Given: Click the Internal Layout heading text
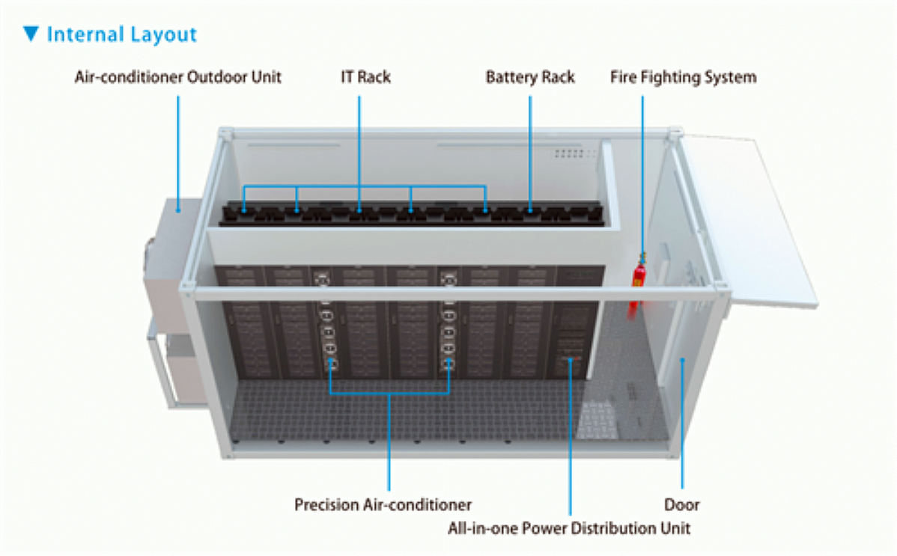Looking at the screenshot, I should (121, 34).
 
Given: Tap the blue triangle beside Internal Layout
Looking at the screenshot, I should (31, 34).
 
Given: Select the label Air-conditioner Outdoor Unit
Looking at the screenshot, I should (177, 77).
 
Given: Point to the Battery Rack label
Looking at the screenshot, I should (530, 77).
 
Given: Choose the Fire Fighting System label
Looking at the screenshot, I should (683, 77).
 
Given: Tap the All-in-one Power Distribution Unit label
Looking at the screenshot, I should (569, 528).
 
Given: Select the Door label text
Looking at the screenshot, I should (682, 504).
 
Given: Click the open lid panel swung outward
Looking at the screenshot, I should (749, 217).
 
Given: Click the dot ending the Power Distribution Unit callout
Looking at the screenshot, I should (571, 360).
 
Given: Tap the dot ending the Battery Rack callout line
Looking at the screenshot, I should (530, 212).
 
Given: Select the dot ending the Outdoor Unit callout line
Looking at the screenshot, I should (178, 212).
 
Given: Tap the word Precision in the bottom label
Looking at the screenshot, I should (326, 504).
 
